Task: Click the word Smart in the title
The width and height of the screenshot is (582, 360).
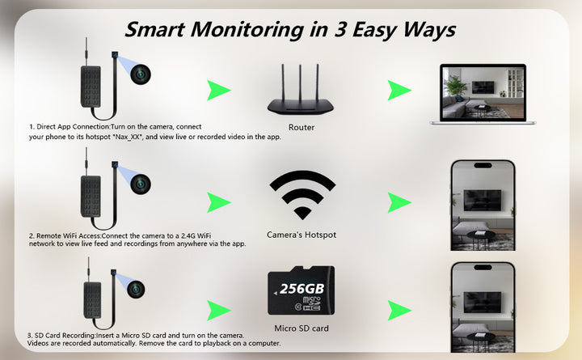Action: coord(154,29)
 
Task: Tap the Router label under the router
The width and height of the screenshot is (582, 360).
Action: coord(302,128)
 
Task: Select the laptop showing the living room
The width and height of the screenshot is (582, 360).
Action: coord(483,95)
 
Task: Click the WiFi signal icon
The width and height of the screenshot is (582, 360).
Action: coord(302,194)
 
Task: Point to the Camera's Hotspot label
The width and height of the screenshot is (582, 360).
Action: coord(302,235)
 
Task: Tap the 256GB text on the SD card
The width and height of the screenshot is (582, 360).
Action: coord(302,289)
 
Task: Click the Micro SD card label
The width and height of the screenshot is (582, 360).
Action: coord(302,328)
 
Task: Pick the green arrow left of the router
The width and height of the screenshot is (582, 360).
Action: coord(219,91)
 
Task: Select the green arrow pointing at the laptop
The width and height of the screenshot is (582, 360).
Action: coord(400,91)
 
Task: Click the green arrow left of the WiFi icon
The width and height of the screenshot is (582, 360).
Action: coord(219,202)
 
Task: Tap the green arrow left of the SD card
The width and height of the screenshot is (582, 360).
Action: coord(219,310)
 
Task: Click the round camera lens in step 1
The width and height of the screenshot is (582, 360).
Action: coord(141,74)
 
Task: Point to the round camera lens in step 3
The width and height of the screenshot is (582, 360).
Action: coord(136,289)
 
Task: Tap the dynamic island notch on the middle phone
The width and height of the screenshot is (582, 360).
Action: coord(483,166)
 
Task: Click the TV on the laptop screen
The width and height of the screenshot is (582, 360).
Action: coord(483,87)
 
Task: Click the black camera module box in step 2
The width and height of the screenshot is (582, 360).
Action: coord(91,196)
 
